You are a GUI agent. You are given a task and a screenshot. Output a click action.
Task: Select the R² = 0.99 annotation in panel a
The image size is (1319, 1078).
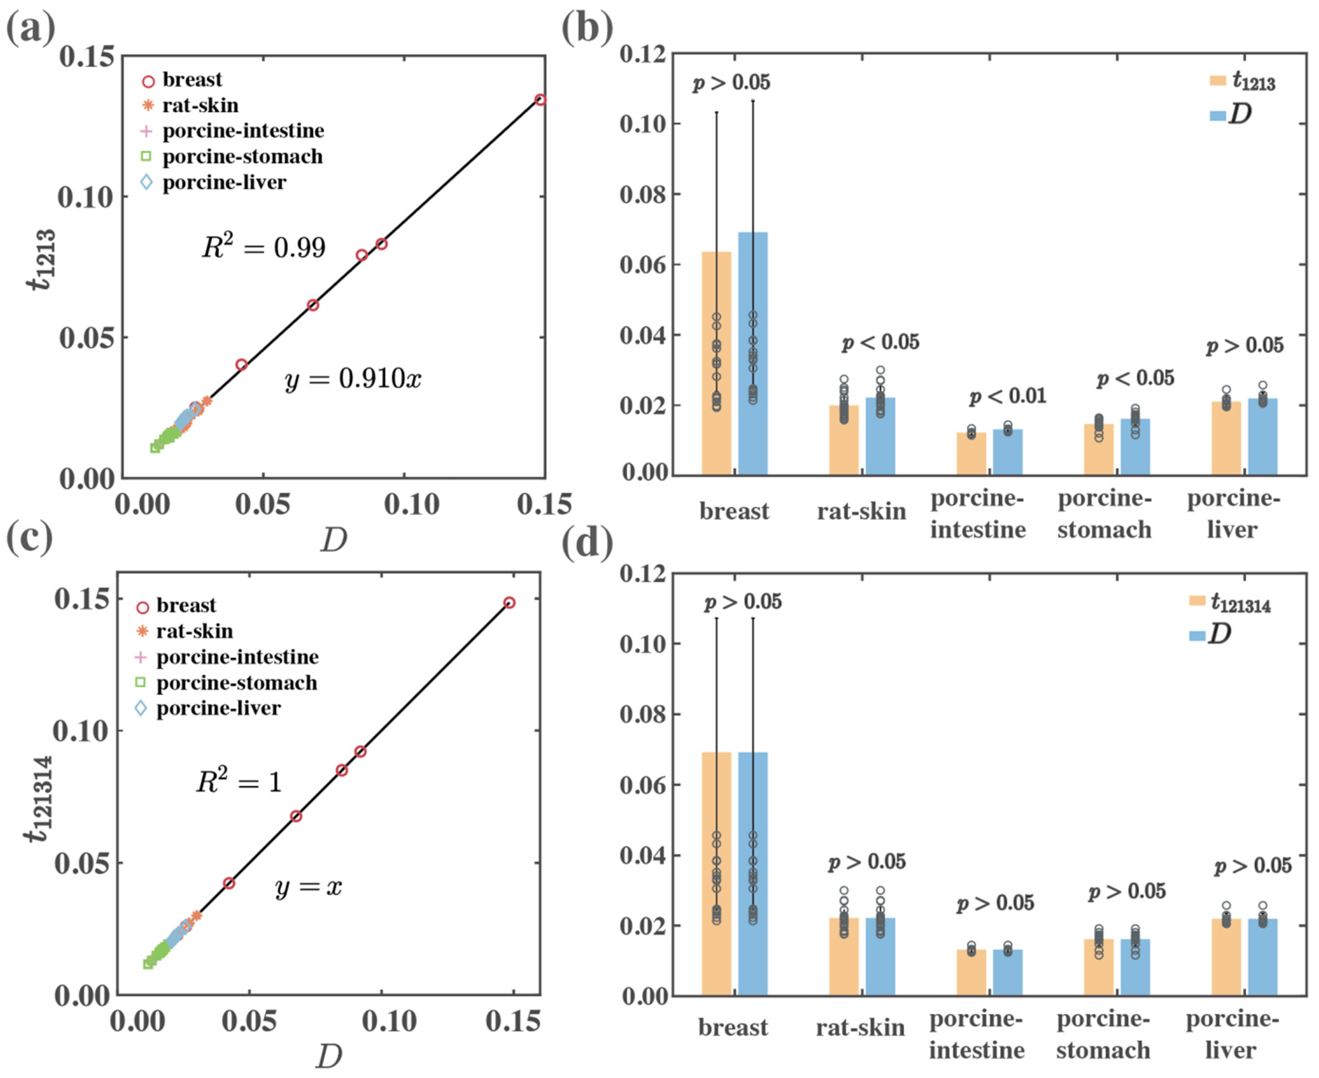point(263,247)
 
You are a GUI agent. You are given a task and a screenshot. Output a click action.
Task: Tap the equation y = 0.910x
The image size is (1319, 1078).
point(353,378)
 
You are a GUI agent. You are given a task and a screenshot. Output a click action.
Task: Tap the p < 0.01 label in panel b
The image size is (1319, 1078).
point(1008,396)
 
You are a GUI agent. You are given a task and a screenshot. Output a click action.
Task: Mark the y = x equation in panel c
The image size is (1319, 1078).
point(309,887)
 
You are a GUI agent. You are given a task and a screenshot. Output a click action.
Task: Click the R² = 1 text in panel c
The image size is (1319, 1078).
point(239,782)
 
